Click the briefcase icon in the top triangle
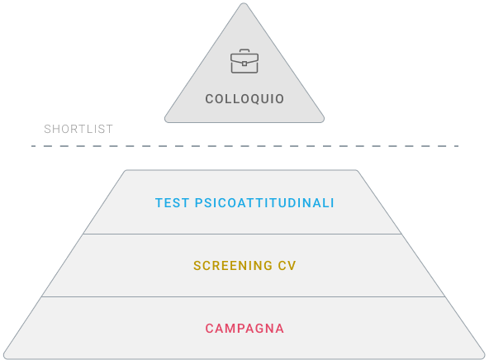point(244,61)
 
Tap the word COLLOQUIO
point(244,99)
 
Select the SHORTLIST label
point(78,129)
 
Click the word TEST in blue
point(172,203)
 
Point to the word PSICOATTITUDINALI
point(264,203)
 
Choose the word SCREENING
point(233,266)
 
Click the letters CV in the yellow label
point(287,266)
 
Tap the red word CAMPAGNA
point(244,329)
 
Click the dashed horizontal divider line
point(244,146)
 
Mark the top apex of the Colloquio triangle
point(244,3)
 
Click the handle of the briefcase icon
point(244,51)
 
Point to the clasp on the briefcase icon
point(244,64)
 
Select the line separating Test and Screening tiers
point(242,234)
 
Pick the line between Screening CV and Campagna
point(243,296)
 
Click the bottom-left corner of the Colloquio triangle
point(166,121)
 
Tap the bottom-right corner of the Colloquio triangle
point(323,121)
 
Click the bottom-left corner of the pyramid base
point(5,358)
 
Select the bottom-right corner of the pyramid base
point(483,358)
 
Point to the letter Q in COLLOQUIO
point(255,99)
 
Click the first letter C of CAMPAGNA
point(209,329)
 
